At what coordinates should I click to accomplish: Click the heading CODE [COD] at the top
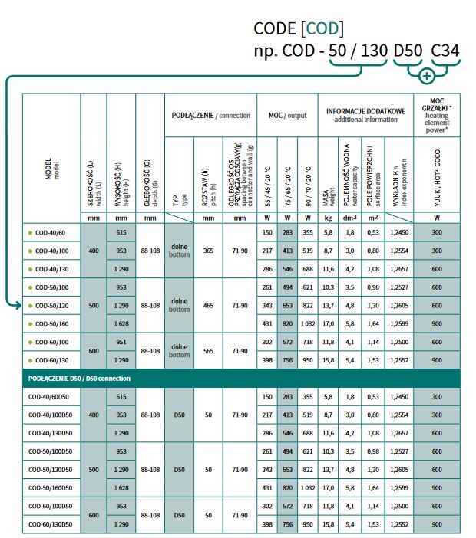click(x=298, y=29)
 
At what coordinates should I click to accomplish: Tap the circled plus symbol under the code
click(x=428, y=75)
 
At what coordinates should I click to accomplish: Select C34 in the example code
click(x=445, y=52)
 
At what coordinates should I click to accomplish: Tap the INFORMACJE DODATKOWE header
click(x=365, y=115)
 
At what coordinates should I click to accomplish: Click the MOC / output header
click(x=287, y=115)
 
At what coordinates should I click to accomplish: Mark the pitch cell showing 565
click(x=208, y=351)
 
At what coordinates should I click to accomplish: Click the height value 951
click(x=121, y=342)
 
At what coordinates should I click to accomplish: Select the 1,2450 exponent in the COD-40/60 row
click(x=397, y=232)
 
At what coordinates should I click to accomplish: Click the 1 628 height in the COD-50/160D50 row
click(x=121, y=487)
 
